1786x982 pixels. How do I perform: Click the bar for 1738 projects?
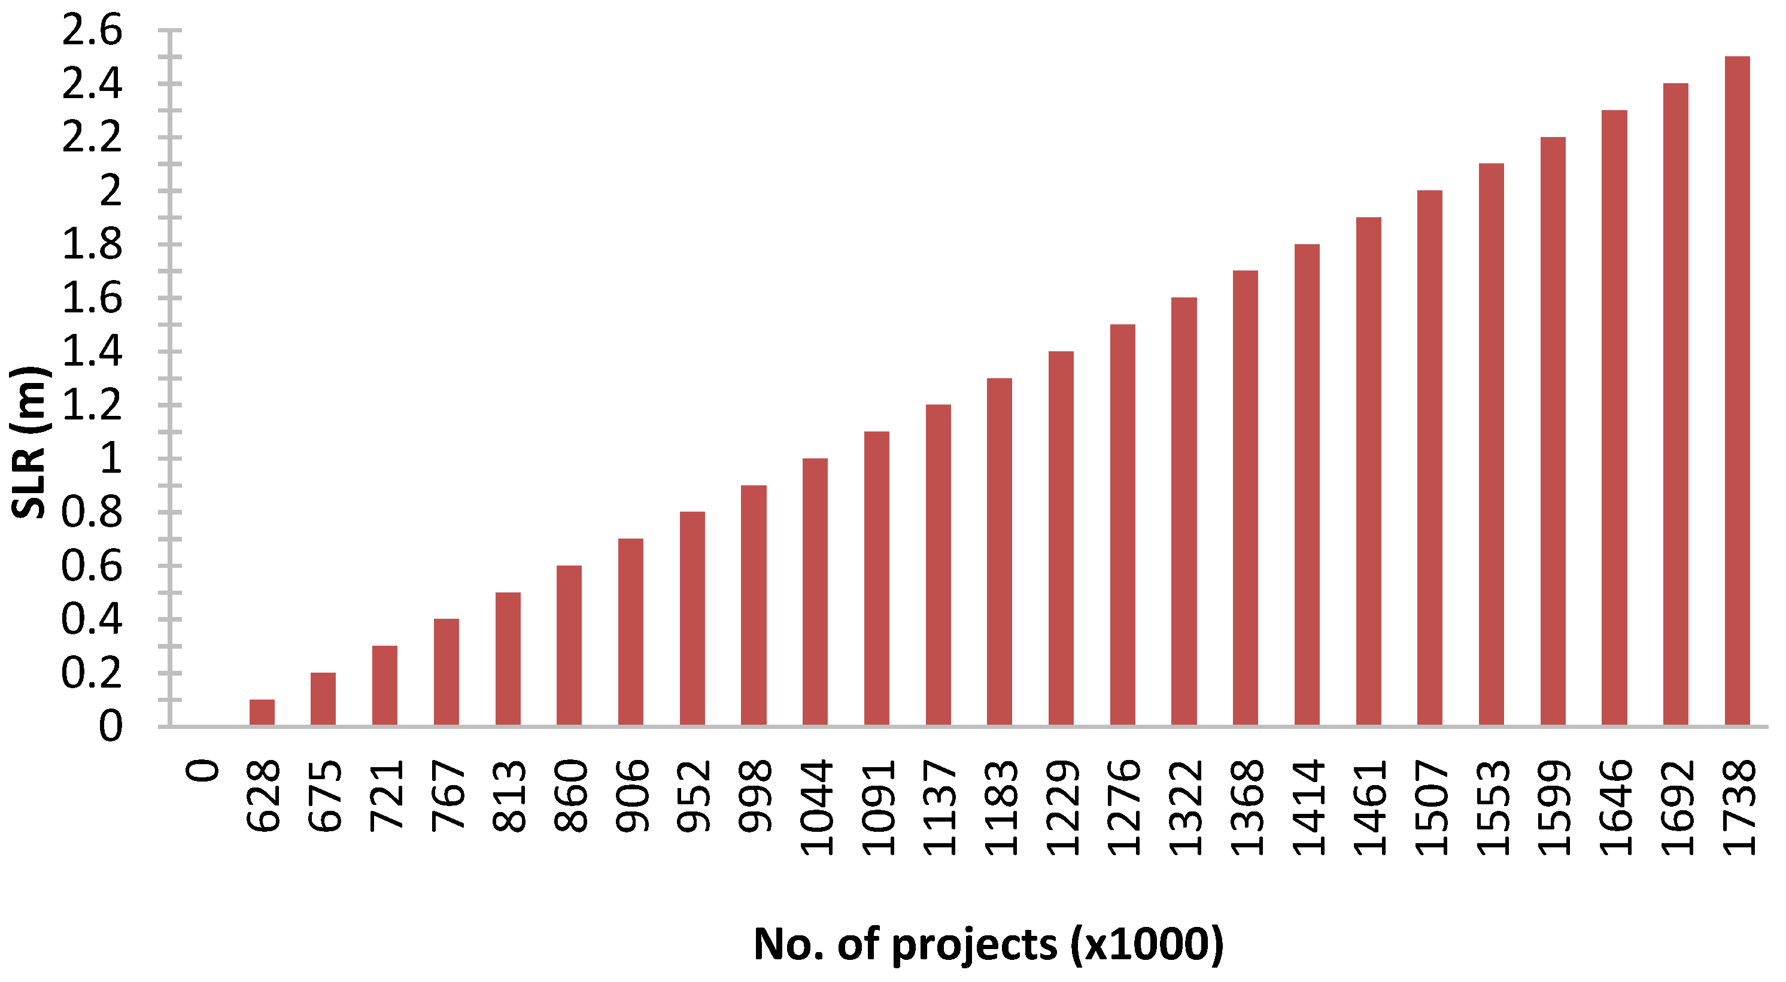click(x=1737, y=391)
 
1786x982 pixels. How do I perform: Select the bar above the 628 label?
click(x=262, y=713)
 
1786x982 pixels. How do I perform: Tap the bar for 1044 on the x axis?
click(x=815, y=592)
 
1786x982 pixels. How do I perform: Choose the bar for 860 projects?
click(x=569, y=646)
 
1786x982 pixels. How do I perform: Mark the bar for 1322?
click(x=1183, y=512)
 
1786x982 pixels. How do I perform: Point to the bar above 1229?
click(x=1061, y=539)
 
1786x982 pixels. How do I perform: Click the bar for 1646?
click(x=1614, y=418)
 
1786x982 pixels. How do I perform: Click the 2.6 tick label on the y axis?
click(x=92, y=31)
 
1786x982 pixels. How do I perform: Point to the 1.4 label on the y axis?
click(x=92, y=351)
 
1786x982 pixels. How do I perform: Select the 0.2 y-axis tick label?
click(x=92, y=672)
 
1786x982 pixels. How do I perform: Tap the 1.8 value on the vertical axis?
click(x=92, y=245)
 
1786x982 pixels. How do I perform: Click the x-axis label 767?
click(x=448, y=795)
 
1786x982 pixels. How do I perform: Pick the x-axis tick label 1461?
click(x=1369, y=807)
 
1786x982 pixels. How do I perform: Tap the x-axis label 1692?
click(x=1676, y=807)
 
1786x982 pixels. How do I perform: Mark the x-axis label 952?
click(x=693, y=795)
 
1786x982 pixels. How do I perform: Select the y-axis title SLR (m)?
click(x=29, y=442)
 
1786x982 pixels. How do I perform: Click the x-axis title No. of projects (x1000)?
click(x=989, y=944)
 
